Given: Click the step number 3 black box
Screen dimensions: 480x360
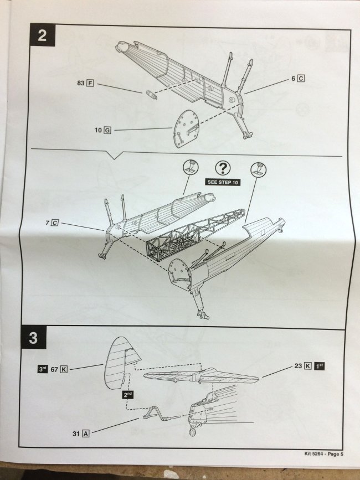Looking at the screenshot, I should (x=34, y=338).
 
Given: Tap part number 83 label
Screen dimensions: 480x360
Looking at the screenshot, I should (x=81, y=84).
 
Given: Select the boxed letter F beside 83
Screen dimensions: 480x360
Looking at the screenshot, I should (x=90, y=84).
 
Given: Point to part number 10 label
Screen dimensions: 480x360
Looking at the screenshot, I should (x=97, y=130).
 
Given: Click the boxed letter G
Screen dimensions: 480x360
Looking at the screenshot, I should (x=107, y=130).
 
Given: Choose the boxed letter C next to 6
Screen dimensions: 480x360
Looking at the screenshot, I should (x=301, y=79).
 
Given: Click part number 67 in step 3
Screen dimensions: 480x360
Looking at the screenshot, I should (x=55, y=369).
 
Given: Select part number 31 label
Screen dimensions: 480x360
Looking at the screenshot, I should (x=76, y=433).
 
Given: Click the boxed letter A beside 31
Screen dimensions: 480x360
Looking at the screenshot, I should (x=86, y=433).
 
